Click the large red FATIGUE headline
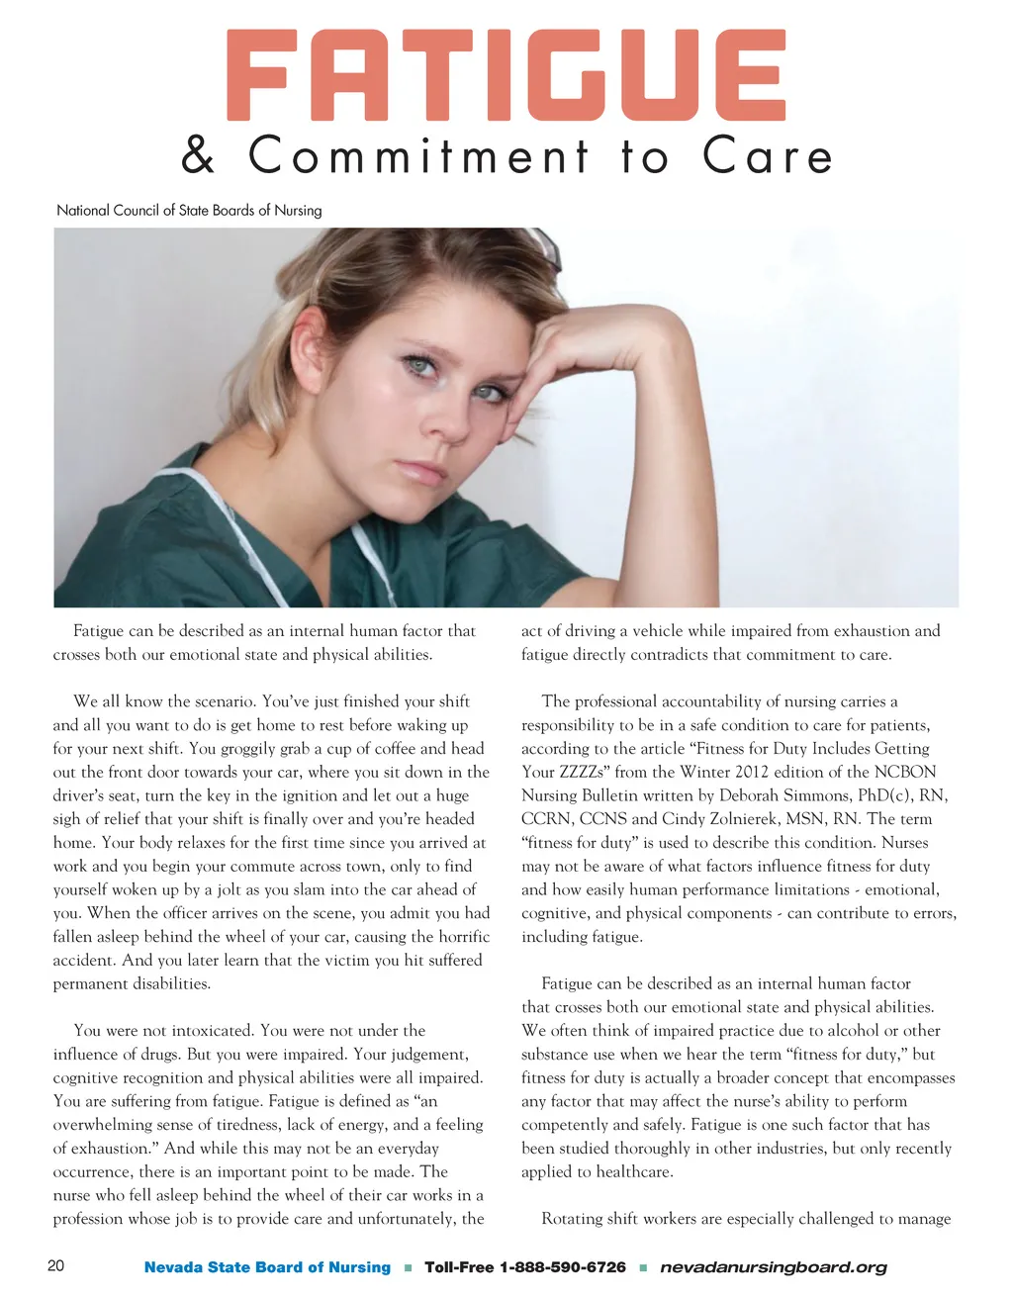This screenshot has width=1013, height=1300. [506, 75]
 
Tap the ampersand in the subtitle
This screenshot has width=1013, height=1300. [199, 156]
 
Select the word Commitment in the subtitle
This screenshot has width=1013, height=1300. [418, 156]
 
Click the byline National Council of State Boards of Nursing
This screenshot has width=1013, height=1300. [189, 210]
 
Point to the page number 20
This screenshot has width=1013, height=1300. [56, 1266]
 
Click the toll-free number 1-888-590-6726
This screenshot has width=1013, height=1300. [563, 1267]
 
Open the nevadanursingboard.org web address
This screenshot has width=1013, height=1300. [773, 1267]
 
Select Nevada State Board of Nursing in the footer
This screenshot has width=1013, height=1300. [267, 1267]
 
